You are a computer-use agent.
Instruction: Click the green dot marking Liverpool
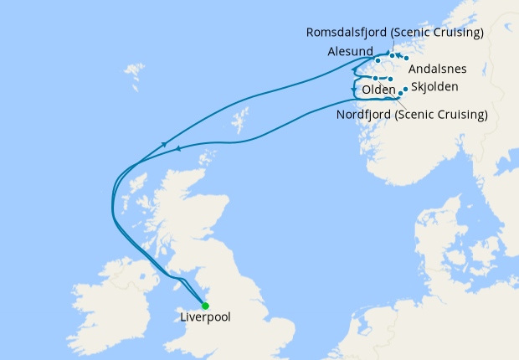[205, 306]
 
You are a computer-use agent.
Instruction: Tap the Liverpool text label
[205, 318]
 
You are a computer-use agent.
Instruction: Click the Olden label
[378, 90]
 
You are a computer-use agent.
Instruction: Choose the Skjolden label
[435, 87]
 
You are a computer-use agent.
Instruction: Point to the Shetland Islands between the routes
[240, 118]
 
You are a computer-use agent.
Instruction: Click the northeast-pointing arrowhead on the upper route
[165, 145]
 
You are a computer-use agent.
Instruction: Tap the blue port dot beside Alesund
[378, 60]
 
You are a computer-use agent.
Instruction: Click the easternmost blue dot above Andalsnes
[406, 58]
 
